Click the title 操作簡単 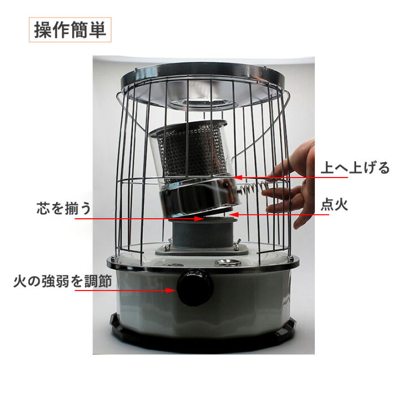[x=70, y=30]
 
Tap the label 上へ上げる [x=355, y=168]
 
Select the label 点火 [x=335, y=205]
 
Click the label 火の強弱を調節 [x=63, y=281]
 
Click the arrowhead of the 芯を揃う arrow [x=198, y=218]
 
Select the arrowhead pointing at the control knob [x=174, y=291]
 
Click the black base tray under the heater [x=202, y=336]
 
